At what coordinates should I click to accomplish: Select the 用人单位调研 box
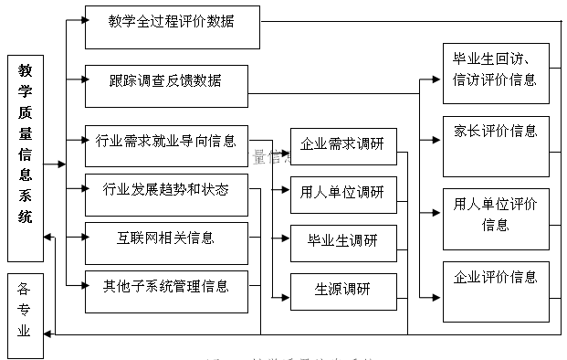pos(343,195)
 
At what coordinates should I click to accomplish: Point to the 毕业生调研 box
pos(343,243)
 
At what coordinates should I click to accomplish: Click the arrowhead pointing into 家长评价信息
pos(437,141)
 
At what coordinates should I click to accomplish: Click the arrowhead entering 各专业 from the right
pos(51,334)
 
